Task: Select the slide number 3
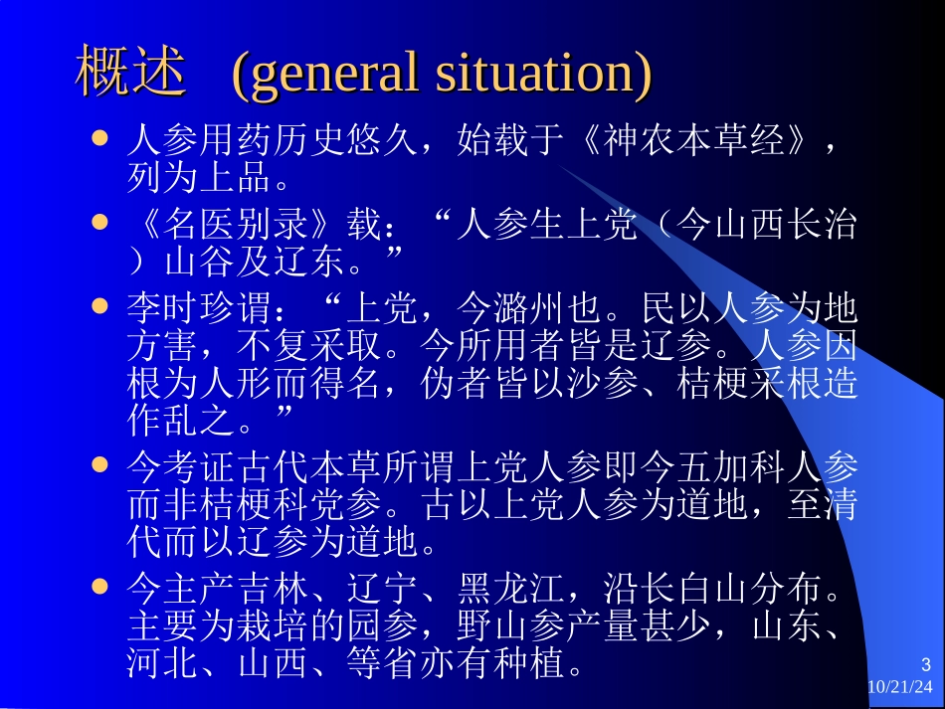point(926,665)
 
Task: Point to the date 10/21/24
point(901,687)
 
